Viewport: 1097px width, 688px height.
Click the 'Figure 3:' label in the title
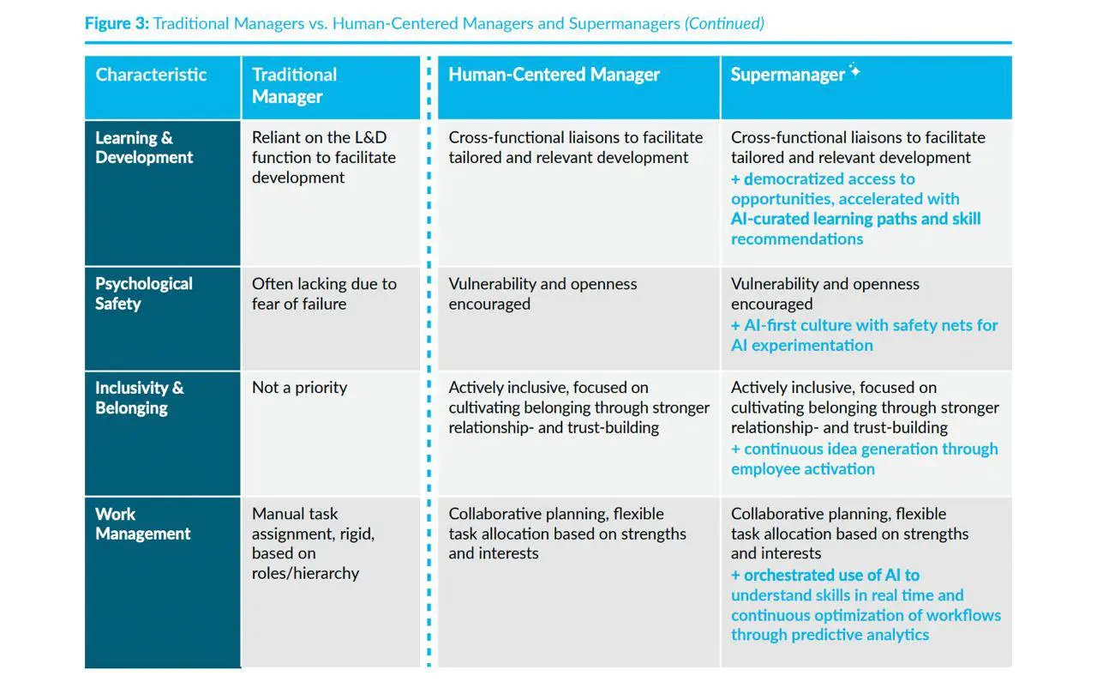(117, 23)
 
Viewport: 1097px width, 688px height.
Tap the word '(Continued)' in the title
(724, 23)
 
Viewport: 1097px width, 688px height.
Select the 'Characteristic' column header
(151, 75)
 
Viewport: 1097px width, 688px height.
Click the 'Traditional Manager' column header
(294, 86)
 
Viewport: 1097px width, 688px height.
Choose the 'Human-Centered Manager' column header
(554, 75)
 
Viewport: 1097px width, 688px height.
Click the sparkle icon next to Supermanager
(854, 69)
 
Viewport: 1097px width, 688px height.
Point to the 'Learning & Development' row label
(144, 148)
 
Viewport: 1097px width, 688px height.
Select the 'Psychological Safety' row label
(144, 293)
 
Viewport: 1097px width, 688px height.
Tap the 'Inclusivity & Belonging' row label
(140, 398)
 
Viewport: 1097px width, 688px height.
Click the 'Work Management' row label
(142, 524)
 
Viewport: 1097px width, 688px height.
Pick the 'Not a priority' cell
(299, 388)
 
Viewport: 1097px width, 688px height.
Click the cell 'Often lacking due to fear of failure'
(324, 294)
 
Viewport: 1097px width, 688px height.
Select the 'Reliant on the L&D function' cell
(324, 157)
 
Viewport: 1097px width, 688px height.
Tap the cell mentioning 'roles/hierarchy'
(313, 543)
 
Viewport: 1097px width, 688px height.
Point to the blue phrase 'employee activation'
(803, 469)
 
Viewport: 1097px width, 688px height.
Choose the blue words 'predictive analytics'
(860, 635)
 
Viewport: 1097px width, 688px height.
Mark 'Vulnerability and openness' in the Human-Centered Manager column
(543, 284)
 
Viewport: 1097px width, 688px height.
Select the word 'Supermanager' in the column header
(788, 75)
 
